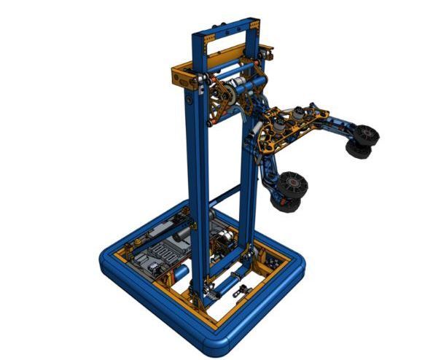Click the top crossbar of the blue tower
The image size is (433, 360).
pos(226,20)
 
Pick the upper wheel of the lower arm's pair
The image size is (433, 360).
pos(294,183)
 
